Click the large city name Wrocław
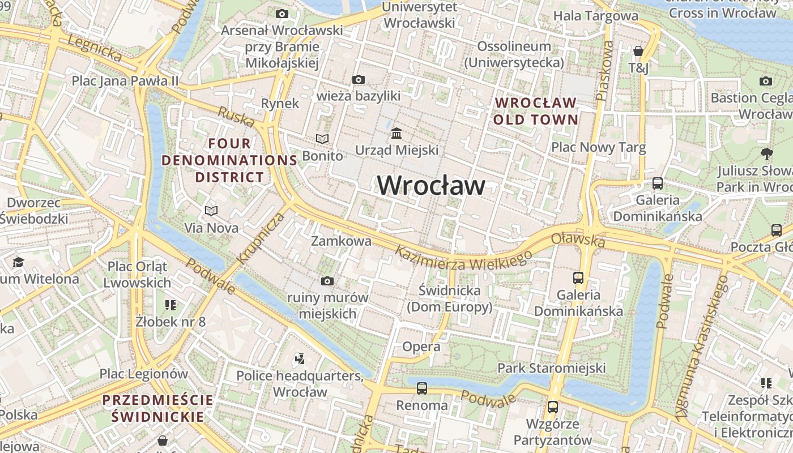431,186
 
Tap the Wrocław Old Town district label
535,111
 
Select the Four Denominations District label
229,160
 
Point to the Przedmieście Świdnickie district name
158,408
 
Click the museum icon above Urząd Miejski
396,134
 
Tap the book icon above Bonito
322,139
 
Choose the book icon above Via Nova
211,211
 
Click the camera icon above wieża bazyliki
358,80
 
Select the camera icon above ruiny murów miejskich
327,281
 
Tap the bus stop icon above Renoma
422,388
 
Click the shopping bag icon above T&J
638,52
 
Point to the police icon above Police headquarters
300,358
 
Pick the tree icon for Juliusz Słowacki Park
766,153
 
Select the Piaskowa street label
605,71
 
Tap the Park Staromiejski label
551,368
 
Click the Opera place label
421,347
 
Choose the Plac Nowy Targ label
598,148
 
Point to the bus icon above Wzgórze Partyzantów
552,407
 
